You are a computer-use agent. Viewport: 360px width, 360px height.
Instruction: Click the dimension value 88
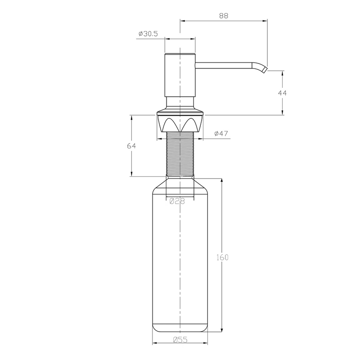(224, 15)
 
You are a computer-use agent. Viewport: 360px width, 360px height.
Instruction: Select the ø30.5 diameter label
(148, 34)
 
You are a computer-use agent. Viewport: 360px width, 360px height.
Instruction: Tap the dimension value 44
(283, 93)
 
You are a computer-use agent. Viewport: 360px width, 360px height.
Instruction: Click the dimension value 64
(131, 146)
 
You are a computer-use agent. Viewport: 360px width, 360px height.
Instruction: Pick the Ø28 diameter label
(177, 202)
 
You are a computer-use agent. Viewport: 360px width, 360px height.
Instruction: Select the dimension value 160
(223, 257)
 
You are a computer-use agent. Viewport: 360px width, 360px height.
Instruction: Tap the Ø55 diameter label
(180, 340)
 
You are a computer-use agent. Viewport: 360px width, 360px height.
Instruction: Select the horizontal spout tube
(223, 67)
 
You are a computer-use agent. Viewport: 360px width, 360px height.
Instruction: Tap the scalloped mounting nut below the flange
(180, 124)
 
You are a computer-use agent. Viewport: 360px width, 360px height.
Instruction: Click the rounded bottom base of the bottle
(180, 328)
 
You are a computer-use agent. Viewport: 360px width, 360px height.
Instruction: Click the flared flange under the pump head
(180, 110)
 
